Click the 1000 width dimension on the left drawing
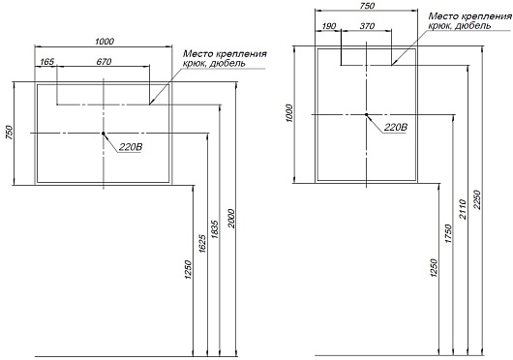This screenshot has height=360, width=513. coord(105,42)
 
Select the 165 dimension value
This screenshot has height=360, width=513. coord(46,62)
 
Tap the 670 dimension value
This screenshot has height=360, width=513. coord(104,62)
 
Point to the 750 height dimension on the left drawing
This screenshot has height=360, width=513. coord(10,133)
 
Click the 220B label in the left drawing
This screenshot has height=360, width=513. coord(131,147)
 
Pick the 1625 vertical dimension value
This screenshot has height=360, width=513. coord(202,244)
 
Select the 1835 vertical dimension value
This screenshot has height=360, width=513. coord(215,229)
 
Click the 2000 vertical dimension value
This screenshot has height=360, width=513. coord(231,219)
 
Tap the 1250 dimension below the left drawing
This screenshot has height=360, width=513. coord(188,269)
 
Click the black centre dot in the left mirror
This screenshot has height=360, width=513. coord(104,134)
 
